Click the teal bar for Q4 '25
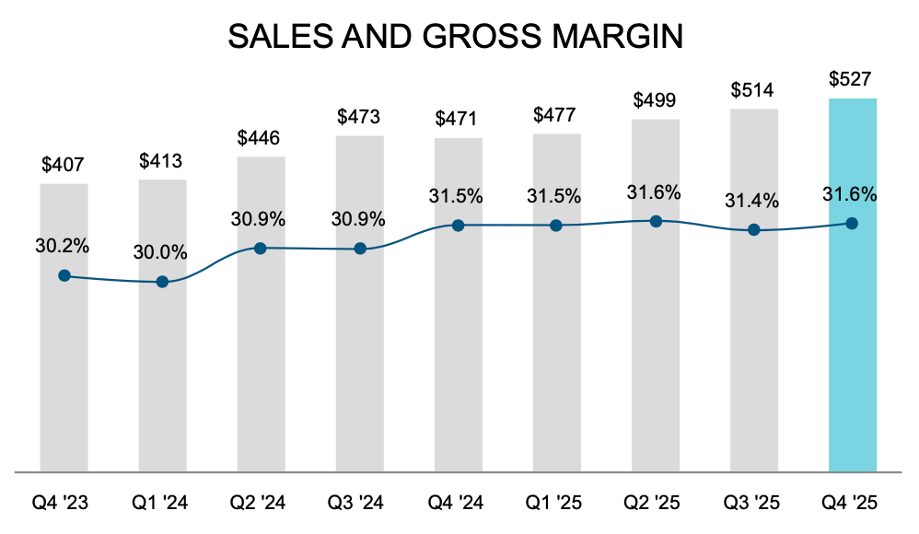(852, 350)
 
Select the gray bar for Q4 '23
(64, 368)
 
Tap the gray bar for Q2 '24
(261, 368)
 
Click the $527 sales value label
(851, 79)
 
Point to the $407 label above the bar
(63, 166)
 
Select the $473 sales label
(359, 117)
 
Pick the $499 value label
(655, 100)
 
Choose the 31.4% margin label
(752, 200)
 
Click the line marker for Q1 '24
(163, 282)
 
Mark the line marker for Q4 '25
(852, 223)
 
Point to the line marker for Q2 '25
(656, 221)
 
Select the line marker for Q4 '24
(458, 226)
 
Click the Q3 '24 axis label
(359, 503)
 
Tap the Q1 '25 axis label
(556, 503)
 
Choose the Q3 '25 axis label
(752, 503)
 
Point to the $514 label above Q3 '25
(752, 90)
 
